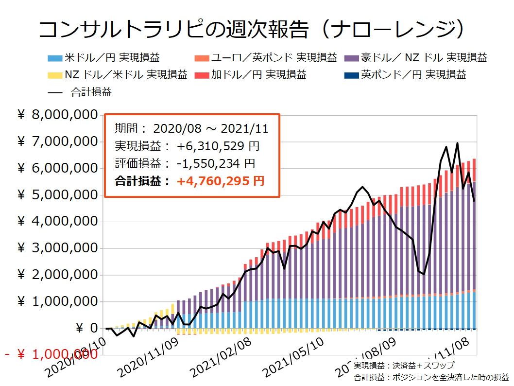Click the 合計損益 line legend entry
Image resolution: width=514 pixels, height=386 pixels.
[x=90, y=91]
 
